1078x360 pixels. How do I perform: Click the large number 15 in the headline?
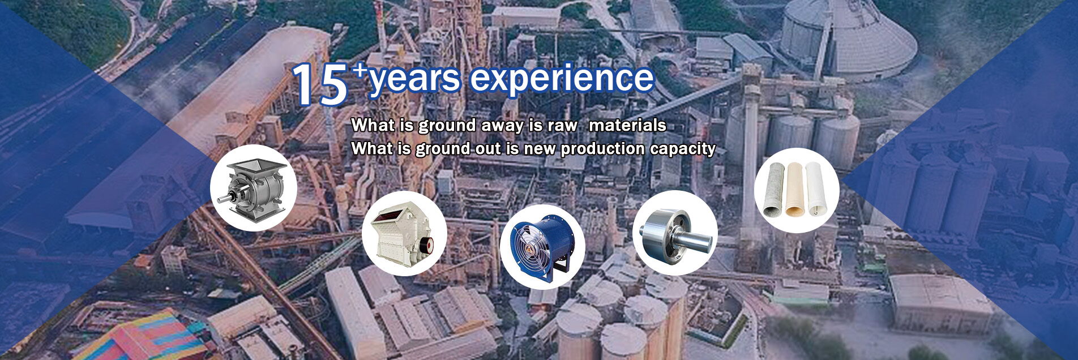(320, 84)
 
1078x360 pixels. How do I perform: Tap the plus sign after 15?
(359, 72)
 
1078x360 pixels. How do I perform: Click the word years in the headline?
(414, 79)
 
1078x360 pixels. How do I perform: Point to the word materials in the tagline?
(627, 125)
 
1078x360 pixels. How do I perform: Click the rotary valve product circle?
(253, 187)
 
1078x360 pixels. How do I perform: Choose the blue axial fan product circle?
(542, 247)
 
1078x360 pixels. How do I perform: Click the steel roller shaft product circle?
(675, 233)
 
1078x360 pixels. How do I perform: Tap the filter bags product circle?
(797, 191)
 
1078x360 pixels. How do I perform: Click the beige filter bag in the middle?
(795, 189)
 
